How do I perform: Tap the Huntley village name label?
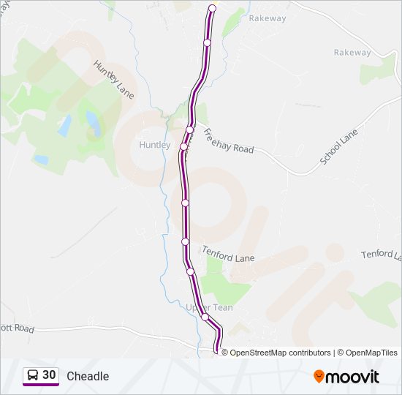[x=154, y=145]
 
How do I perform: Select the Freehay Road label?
[x=228, y=141]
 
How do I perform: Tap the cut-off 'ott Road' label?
[x=17, y=329]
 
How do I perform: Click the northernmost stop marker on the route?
[x=213, y=9]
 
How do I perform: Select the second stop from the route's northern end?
[x=207, y=42]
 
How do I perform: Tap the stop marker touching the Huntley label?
[x=183, y=146]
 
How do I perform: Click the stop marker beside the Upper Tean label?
[x=205, y=317]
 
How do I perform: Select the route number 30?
[x=49, y=375]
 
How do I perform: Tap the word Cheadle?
[x=88, y=376]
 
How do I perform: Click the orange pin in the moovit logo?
[x=319, y=376]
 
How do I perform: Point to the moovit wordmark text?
[x=352, y=377]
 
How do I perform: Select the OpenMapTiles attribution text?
[x=371, y=353]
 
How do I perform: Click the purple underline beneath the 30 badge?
[x=41, y=385]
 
